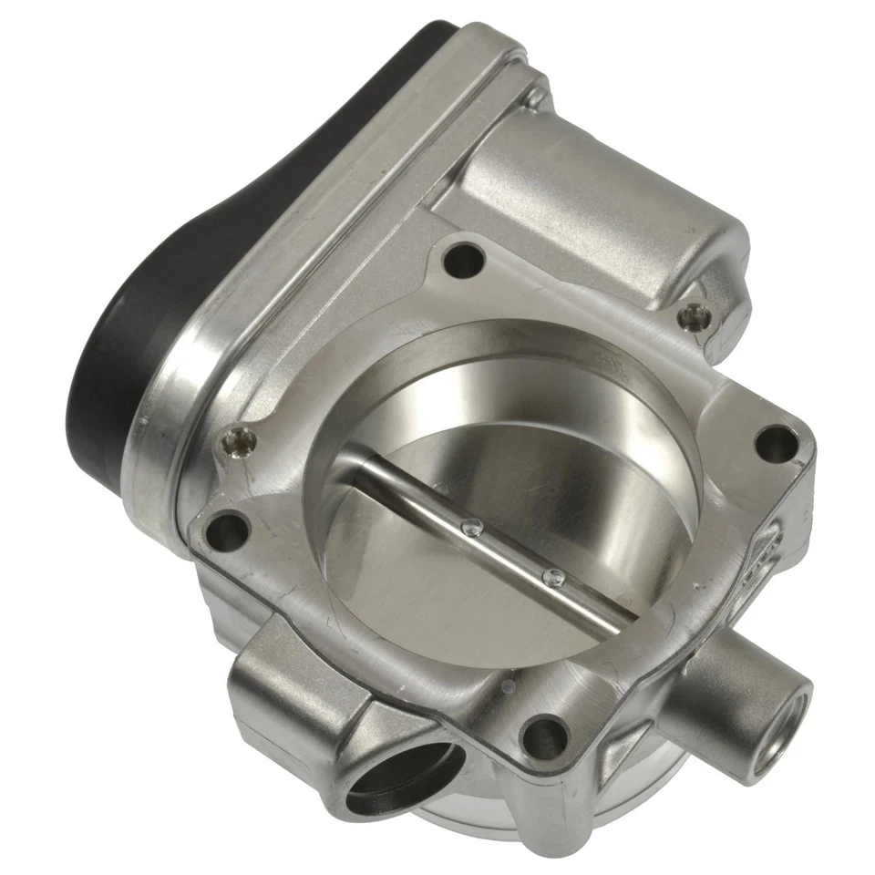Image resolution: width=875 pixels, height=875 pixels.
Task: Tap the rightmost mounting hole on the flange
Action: tap(777, 444)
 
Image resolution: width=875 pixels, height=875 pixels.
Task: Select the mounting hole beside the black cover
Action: tap(228, 531)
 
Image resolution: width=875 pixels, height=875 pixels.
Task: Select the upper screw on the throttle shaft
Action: tap(472, 526)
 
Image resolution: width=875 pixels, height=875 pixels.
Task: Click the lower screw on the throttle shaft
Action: tap(552, 577)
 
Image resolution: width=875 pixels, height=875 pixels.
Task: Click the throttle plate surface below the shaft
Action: tap(456, 602)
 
